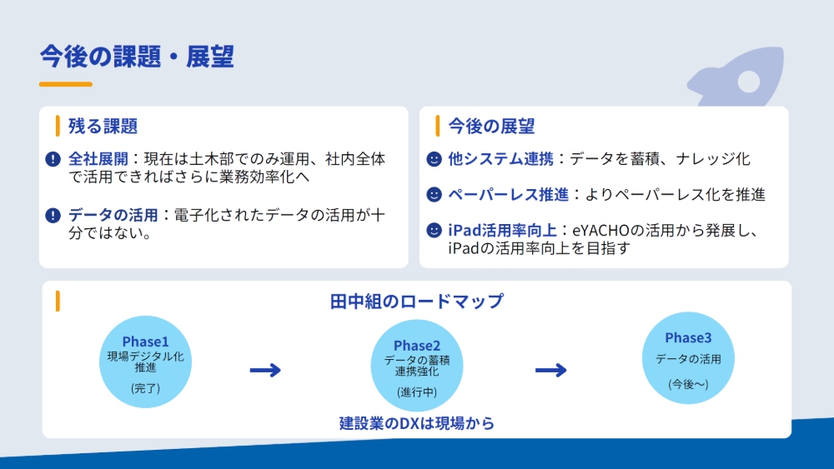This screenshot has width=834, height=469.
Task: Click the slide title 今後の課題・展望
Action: click(x=137, y=56)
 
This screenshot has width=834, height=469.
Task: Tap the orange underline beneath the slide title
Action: click(x=65, y=84)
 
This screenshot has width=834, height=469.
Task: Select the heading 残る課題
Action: click(x=103, y=127)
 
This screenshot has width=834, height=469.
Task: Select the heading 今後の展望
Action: click(x=491, y=127)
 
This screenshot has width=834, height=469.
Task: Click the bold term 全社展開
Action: click(x=98, y=158)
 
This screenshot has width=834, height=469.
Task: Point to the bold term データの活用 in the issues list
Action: click(x=113, y=216)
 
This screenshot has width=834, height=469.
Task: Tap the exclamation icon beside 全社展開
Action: click(x=53, y=158)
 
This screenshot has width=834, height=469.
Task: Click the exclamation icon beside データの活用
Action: click(x=53, y=216)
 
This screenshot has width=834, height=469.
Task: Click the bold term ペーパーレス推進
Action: click(x=508, y=194)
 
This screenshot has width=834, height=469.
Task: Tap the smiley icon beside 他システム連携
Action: click(x=434, y=158)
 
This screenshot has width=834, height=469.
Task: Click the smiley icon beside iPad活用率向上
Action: click(x=434, y=230)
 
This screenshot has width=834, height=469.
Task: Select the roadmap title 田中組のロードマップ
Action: click(x=417, y=302)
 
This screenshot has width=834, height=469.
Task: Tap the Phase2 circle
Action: click(x=416, y=367)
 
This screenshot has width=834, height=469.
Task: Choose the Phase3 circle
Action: click(x=688, y=358)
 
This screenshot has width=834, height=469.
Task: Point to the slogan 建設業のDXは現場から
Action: click(x=417, y=423)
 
